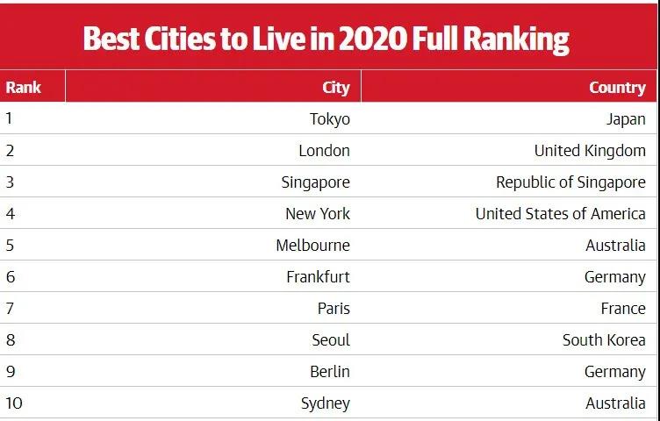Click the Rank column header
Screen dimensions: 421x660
(x=23, y=87)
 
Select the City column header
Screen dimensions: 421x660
(x=336, y=87)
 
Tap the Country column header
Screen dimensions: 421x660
(x=617, y=87)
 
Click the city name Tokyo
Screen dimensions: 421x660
(x=329, y=119)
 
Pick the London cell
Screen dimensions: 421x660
(x=324, y=151)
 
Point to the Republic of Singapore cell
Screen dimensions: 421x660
(x=570, y=182)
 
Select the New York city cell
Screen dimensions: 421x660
(x=317, y=214)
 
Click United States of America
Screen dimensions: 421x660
(x=560, y=214)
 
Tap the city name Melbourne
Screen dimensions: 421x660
(x=312, y=246)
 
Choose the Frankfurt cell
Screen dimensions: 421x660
(x=318, y=277)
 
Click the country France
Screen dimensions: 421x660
(x=623, y=309)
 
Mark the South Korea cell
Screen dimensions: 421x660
(x=604, y=340)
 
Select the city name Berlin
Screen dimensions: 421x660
(x=329, y=372)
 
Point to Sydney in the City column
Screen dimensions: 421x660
(x=325, y=403)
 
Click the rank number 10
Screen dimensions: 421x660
(x=13, y=403)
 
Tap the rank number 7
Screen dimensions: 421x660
(x=10, y=309)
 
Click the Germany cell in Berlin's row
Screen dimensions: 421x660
(x=614, y=372)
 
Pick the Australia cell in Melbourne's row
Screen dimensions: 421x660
(x=615, y=246)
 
